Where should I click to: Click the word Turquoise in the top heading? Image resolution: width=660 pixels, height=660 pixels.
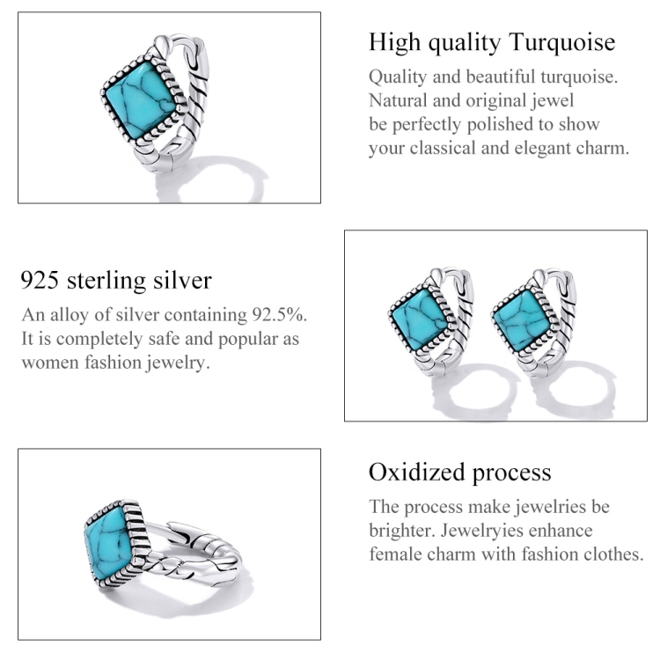point(562,42)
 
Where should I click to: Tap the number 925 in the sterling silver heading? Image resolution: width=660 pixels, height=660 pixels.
point(40,280)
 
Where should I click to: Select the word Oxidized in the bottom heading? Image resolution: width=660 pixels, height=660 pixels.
point(417,472)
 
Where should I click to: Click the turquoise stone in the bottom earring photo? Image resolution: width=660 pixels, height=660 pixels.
point(109,542)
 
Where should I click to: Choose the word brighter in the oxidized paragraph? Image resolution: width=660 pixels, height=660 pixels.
point(402,532)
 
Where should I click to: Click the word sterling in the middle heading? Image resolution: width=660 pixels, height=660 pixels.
point(106,281)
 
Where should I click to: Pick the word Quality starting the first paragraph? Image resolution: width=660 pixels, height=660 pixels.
point(398,77)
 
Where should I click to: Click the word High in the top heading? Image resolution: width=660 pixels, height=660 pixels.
point(394,42)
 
